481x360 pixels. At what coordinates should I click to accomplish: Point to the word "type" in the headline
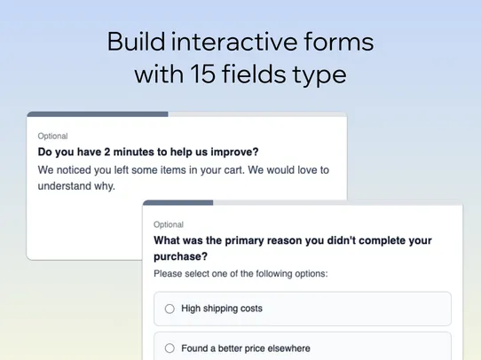[x=318, y=76]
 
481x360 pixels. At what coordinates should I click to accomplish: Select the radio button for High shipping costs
[x=170, y=309]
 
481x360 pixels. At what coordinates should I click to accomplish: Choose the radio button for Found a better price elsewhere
[x=170, y=348]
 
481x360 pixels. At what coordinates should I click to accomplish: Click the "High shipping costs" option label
[x=221, y=309]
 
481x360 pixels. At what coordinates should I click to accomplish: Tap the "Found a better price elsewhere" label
[x=246, y=348]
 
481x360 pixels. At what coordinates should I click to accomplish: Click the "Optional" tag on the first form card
[x=52, y=137]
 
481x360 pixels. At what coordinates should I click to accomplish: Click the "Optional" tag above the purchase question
[x=169, y=225]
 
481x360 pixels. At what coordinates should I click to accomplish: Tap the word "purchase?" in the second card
[x=181, y=255]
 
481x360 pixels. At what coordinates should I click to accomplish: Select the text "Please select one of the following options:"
[x=240, y=274]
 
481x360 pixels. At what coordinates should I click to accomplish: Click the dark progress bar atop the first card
[x=98, y=113]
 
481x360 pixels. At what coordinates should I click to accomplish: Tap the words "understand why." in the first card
[x=76, y=186]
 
